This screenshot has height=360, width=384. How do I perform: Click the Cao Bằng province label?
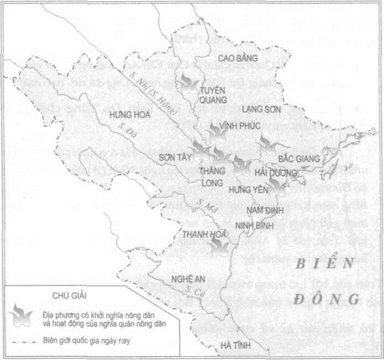(237, 58)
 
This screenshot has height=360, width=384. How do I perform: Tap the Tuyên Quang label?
(213, 95)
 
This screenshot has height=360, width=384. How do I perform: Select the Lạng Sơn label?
(261, 109)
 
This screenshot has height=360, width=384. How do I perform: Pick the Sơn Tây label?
(174, 157)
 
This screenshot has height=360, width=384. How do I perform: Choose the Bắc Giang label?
(299, 159)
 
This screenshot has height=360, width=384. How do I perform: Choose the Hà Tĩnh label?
(235, 346)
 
